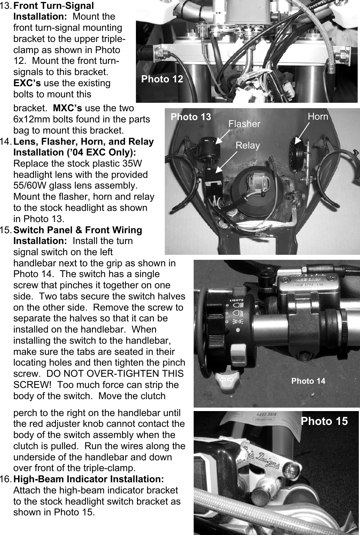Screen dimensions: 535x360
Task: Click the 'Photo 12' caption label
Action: click(162, 79)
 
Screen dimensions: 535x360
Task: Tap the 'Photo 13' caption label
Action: click(191, 117)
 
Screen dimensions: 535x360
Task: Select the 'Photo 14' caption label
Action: click(308, 381)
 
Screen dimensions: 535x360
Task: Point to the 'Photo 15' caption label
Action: click(324, 421)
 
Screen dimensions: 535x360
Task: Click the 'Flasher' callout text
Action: click(244, 124)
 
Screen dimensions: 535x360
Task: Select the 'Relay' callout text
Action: click(248, 145)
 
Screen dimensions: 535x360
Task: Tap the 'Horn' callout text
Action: click(318, 117)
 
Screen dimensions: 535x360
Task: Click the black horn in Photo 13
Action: click(296, 156)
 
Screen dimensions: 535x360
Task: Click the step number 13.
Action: click(6, 6)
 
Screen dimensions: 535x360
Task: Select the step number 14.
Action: click(6, 142)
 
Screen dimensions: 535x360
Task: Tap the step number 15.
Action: click(6, 230)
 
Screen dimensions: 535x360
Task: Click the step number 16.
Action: click(6, 479)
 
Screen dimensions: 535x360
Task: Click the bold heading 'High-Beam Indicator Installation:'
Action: click(89, 479)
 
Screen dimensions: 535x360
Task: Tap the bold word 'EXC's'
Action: click(27, 83)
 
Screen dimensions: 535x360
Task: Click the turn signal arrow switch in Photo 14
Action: click(227, 380)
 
